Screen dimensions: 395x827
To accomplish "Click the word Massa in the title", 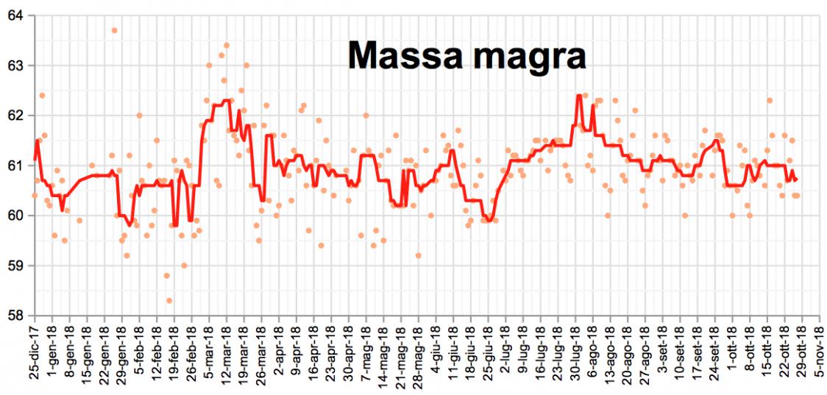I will pos(402,56).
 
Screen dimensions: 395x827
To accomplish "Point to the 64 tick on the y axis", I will pos(15,15).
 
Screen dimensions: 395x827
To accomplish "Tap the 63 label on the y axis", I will pos(15,65).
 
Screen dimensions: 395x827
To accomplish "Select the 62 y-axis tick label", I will pos(15,115).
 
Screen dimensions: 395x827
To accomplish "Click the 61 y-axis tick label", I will pos(15,166).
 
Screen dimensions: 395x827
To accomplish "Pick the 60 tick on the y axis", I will pos(15,216).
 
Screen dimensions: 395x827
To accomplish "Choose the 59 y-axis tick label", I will pos(15,266).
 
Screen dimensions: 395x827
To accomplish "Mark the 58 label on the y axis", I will pos(15,315).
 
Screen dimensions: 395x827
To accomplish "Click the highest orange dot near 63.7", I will pos(114,30).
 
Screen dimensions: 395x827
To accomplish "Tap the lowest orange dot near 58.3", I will pos(169,300).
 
